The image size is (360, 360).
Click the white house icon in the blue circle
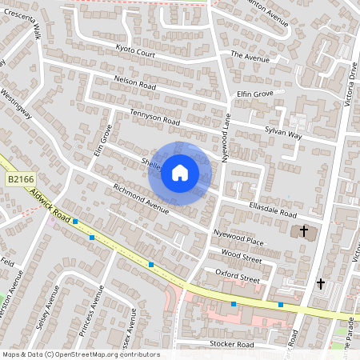coord(180,173)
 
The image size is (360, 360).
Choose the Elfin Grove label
coord(255,94)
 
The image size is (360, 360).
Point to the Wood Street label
coord(241,258)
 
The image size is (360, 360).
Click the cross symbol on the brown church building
coord(303,232)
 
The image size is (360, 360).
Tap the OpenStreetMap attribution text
coord(81,354)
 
